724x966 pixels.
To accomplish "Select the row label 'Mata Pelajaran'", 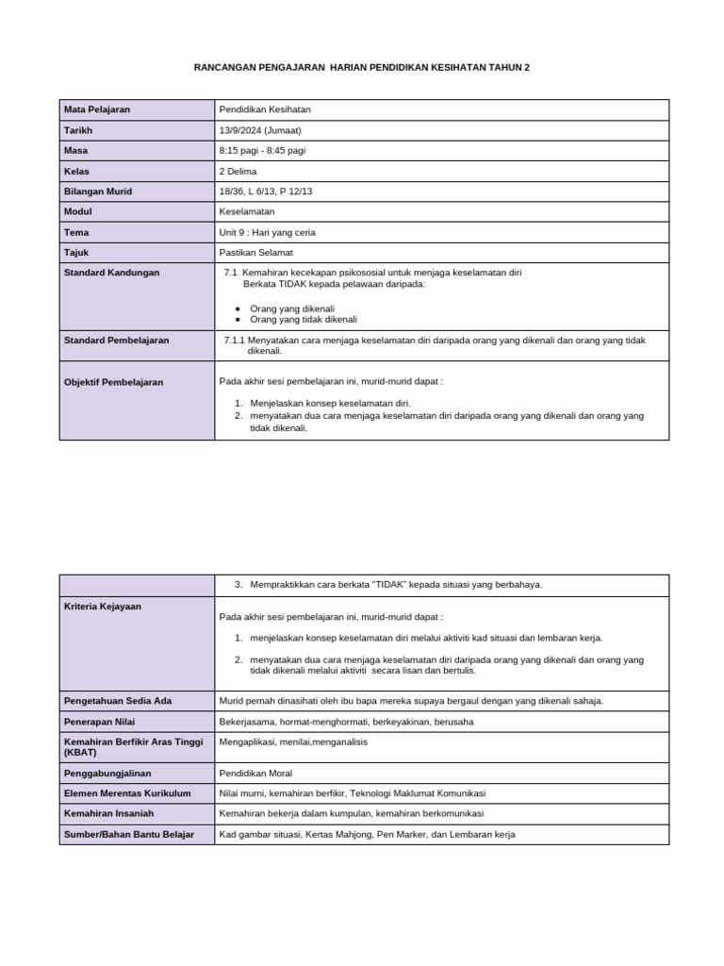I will pos(97,110).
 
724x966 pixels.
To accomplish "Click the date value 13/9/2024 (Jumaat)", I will pos(260,130).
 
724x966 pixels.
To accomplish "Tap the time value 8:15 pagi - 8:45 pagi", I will pos(269,151).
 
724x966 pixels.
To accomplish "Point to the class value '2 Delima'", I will pos(238,171).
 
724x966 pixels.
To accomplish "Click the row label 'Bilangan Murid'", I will pos(98,192).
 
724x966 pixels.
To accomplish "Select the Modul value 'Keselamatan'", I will pos(247,211).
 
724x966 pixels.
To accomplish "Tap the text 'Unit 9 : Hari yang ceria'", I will pos(267,232).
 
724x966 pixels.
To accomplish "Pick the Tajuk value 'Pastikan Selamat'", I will pos(255,252).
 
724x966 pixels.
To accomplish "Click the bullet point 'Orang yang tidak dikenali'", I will pos(297,320).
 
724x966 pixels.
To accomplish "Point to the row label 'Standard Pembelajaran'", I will pos(116,341).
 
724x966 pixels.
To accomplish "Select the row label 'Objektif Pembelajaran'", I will pos(113,382).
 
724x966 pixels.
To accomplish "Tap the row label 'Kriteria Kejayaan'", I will pos(103,607).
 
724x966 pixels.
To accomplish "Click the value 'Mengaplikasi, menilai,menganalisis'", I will pos(293,741).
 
